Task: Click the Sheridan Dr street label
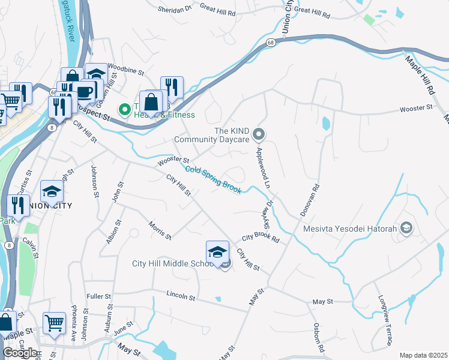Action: coord(175,10)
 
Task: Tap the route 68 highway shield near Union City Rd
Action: coord(271,42)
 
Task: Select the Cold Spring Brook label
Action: coord(214,180)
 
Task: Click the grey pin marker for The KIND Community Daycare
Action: coord(259,133)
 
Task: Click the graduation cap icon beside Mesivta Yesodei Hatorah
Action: coord(406,229)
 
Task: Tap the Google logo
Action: coord(19,353)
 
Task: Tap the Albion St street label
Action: coord(109,231)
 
